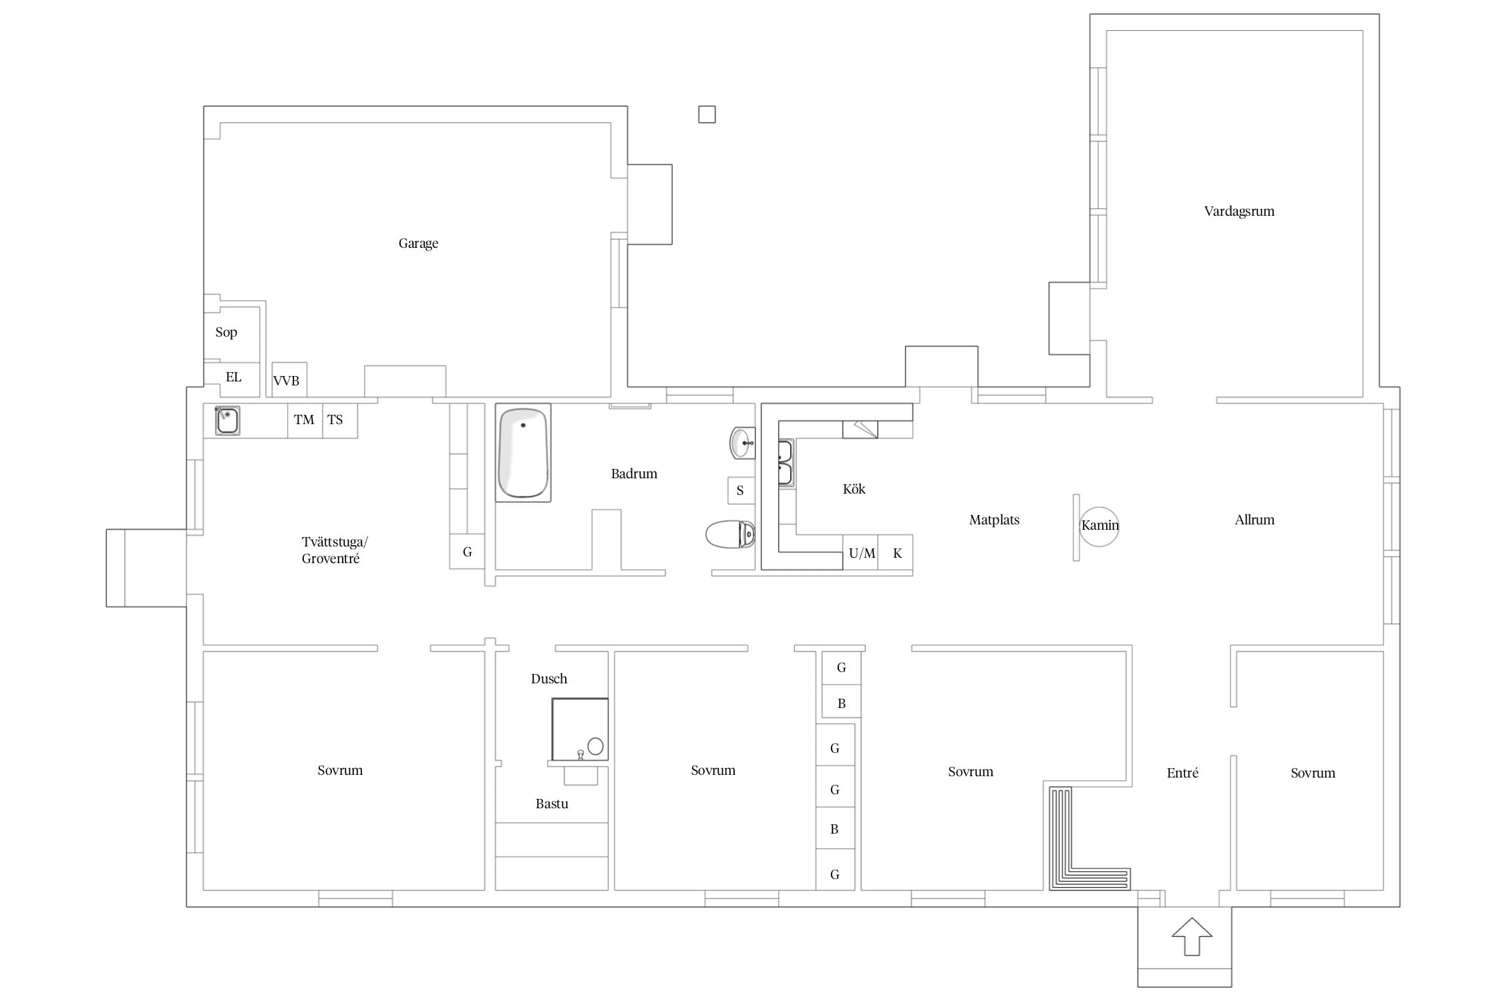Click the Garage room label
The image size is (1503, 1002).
pyautogui.click(x=418, y=243)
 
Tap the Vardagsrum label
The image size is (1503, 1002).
pyautogui.click(x=1239, y=211)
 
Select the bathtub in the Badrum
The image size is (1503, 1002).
pyautogui.click(x=523, y=453)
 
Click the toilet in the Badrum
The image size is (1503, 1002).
pyautogui.click(x=730, y=534)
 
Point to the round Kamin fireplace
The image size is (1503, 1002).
pyautogui.click(x=1099, y=526)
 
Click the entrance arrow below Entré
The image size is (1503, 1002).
pyautogui.click(x=1192, y=937)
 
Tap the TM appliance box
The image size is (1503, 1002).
pyautogui.click(x=305, y=420)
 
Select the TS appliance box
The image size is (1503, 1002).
pyautogui.click(x=340, y=420)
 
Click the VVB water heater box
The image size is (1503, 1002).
pyautogui.click(x=289, y=380)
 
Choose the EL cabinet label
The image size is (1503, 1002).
pyautogui.click(x=233, y=377)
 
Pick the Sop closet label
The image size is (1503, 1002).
pyautogui.click(x=226, y=332)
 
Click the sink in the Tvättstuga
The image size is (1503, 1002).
pyautogui.click(x=227, y=421)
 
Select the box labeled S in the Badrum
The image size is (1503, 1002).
pyautogui.click(x=741, y=490)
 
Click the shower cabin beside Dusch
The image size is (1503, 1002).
pyautogui.click(x=580, y=729)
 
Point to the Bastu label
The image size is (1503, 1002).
pyautogui.click(x=552, y=804)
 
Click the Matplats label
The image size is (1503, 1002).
pyautogui.click(x=994, y=520)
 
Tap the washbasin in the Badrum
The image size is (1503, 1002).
pyautogui.click(x=742, y=443)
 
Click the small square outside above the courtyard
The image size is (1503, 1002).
pyautogui.click(x=707, y=115)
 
